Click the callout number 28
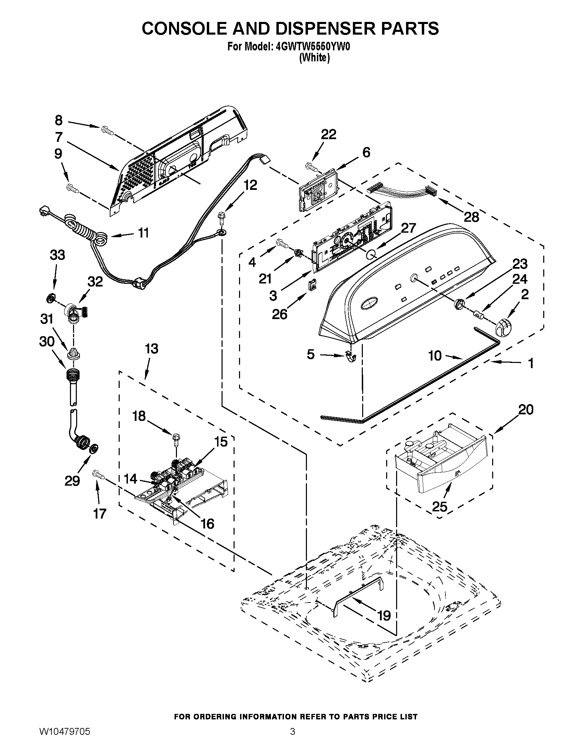click(471, 217)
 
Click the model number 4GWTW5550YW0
click(313, 47)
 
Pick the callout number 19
click(384, 615)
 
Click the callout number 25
click(439, 507)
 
